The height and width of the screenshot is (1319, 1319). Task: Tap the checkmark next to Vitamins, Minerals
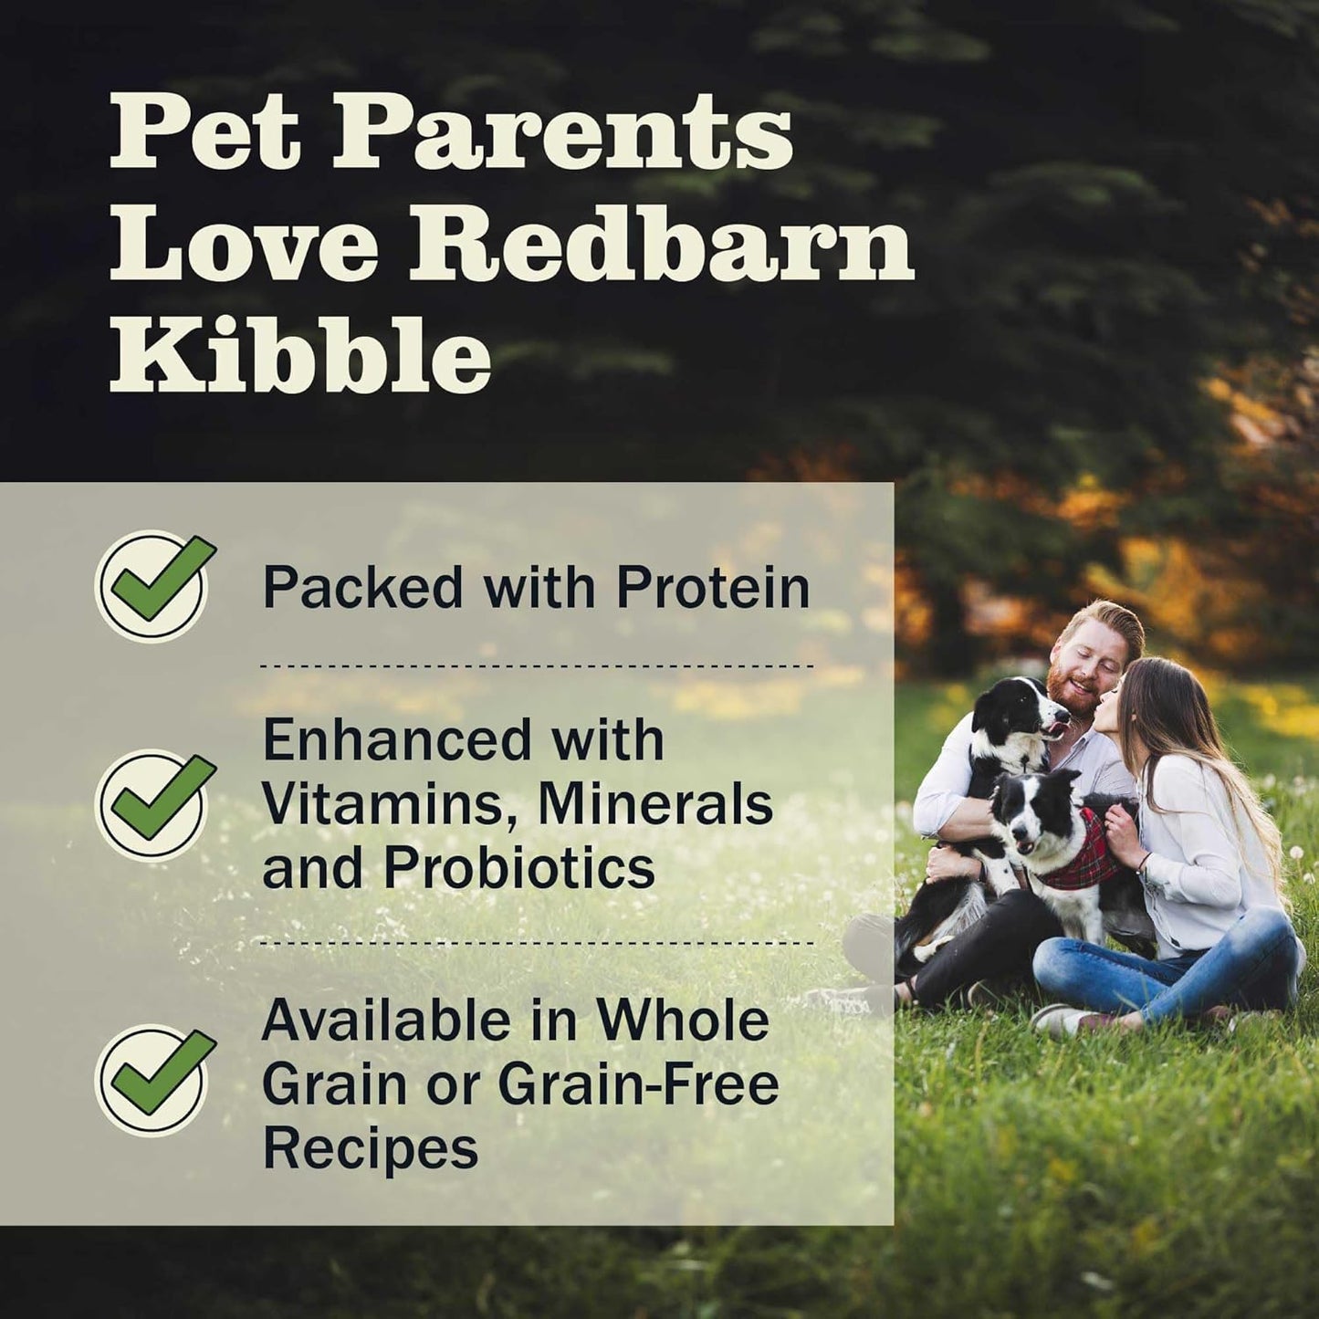coord(153,803)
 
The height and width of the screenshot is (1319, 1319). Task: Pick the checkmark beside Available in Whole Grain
coord(153,1079)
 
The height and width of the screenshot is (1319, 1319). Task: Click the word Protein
coord(713,587)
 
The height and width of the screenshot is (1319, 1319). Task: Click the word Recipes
coord(370,1147)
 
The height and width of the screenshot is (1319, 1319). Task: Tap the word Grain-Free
coord(638,1084)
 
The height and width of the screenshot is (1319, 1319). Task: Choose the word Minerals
coord(655,804)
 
